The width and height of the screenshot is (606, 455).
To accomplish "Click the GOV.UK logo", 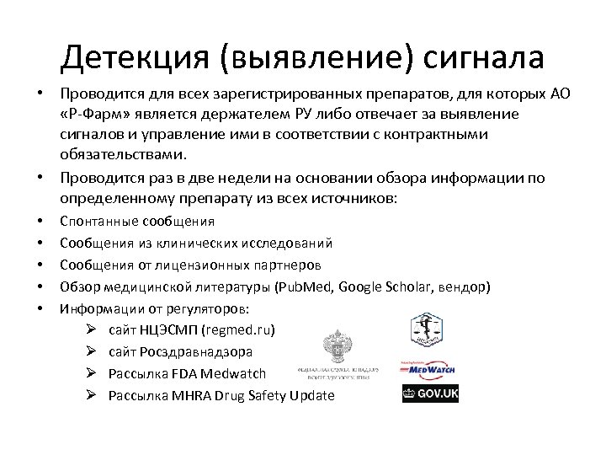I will (x=430, y=393).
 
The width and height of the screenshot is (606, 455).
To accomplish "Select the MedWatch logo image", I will (x=430, y=368).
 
